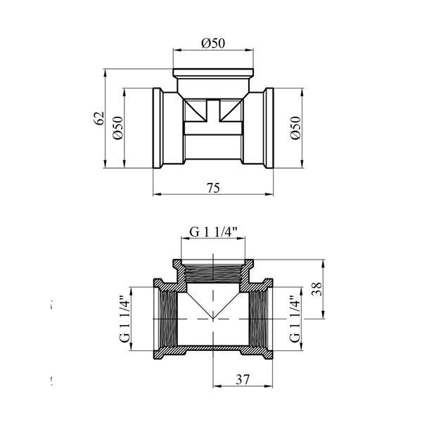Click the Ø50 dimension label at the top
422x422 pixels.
pyautogui.click(x=213, y=44)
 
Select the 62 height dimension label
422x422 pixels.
pyautogui.click(x=98, y=118)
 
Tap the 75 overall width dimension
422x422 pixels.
pyautogui.click(x=213, y=188)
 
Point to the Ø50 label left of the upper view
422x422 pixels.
pyautogui.click(x=118, y=128)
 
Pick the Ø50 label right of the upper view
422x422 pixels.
pyautogui.click(x=295, y=128)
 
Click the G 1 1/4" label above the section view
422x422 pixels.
pyautogui.click(x=213, y=231)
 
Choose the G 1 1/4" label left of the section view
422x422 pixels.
pyautogui.click(x=124, y=319)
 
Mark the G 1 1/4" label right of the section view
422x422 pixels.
pyautogui.click(x=295, y=319)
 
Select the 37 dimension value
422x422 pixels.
pyautogui.click(x=243, y=380)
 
